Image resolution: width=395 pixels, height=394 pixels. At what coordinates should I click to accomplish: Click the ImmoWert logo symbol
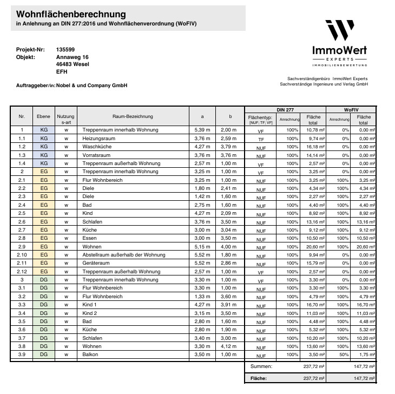pos(339,31)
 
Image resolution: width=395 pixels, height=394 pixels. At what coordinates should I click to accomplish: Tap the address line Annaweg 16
pos(72,57)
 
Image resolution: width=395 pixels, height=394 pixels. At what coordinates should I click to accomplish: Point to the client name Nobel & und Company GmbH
pos(93,86)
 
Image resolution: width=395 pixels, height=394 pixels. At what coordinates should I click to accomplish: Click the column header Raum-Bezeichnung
pos(133,116)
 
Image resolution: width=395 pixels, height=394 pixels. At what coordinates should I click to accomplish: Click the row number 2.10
pos(22,255)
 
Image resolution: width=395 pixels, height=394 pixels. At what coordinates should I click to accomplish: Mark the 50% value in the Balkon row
pos(344,354)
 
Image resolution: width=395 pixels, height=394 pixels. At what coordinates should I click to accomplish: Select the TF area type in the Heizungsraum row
pos(261,139)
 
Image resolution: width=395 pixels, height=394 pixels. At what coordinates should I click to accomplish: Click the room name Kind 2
pos(91,313)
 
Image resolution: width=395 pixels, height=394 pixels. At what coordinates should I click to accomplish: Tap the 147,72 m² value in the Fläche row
pos(365,379)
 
